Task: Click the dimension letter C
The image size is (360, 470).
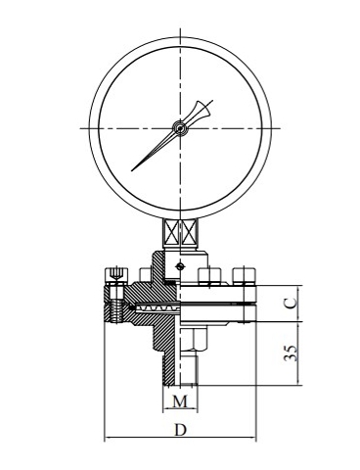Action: pos(291,303)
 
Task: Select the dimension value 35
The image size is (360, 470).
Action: pos(291,352)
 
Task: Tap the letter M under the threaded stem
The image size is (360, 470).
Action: pos(180,401)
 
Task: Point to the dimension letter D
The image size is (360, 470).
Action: pos(180,430)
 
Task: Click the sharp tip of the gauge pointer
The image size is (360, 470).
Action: pos(132,170)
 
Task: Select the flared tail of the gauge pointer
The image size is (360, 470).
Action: pos(202,111)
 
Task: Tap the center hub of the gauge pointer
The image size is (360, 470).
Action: pos(180,128)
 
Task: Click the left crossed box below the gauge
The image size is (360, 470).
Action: pos(171,233)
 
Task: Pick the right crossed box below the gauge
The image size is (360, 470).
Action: pos(189,233)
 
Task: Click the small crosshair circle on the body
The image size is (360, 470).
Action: pos(179,266)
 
